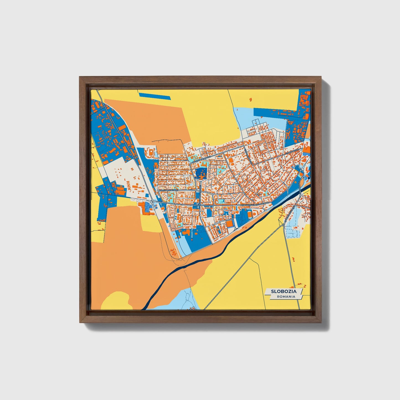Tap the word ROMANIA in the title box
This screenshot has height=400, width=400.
tap(286, 296)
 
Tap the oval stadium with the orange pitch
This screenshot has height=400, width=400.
tap(250, 214)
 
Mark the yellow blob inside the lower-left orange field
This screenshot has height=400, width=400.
tap(116, 300)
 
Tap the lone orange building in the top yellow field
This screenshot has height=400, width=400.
tap(251, 99)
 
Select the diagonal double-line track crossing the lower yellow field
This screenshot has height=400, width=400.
tap(238, 271)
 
